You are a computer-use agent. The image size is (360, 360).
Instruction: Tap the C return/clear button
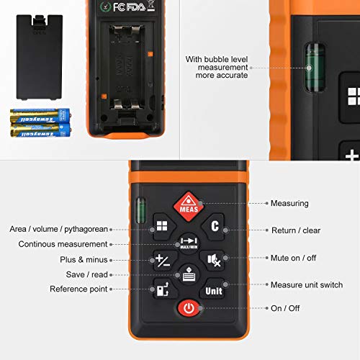point(214,226)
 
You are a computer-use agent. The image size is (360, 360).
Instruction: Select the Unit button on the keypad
point(213,290)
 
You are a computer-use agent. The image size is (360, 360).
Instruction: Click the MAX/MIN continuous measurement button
point(188,243)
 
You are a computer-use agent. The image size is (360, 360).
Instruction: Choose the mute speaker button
point(214,259)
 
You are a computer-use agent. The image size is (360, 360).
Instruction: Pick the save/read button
point(188,275)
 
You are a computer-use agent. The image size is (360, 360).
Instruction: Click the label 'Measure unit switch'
point(306,285)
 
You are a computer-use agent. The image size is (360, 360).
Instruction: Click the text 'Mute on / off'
point(293,258)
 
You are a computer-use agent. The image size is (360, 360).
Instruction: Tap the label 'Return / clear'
point(295,230)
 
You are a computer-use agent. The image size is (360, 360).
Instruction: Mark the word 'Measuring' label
point(289,204)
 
